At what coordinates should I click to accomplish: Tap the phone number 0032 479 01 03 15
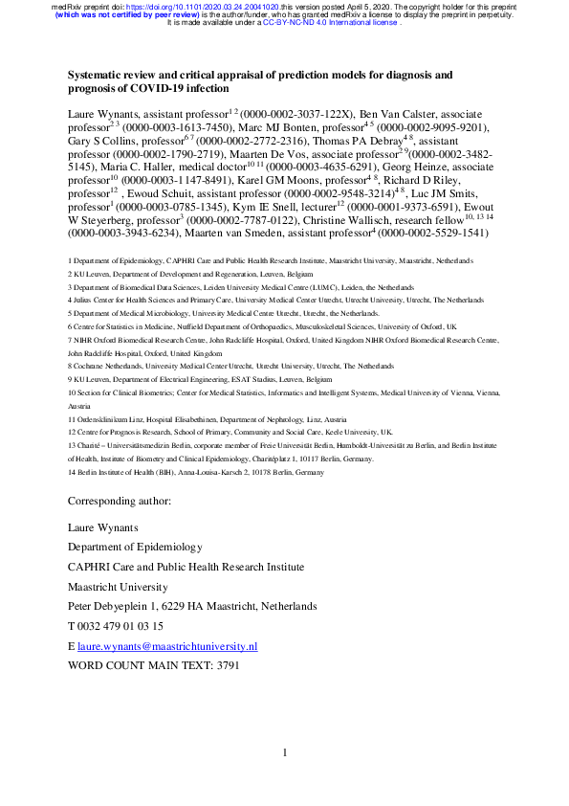[x=120, y=626]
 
